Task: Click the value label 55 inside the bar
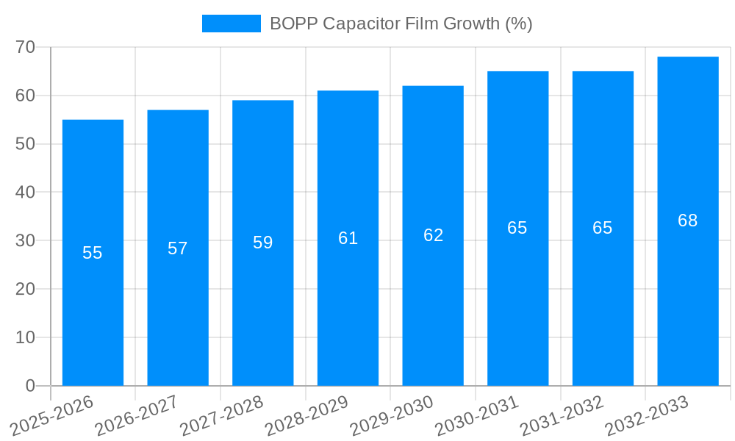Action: click(x=93, y=253)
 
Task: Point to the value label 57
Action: click(x=178, y=248)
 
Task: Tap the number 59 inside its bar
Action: click(x=263, y=243)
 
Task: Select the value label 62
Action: click(x=433, y=235)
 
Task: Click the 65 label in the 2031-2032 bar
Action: click(x=603, y=228)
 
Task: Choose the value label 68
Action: click(x=688, y=220)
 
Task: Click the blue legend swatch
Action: click(x=231, y=24)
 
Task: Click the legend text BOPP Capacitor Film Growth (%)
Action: click(x=401, y=24)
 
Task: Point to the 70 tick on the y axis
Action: click(x=25, y=47)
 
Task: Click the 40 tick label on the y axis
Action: click(x=25, y=192)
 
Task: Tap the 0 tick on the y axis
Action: click(x=30, y=386)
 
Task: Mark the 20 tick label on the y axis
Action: click(x=25, y=289)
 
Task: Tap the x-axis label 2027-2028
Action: click(x=222, y=415)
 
